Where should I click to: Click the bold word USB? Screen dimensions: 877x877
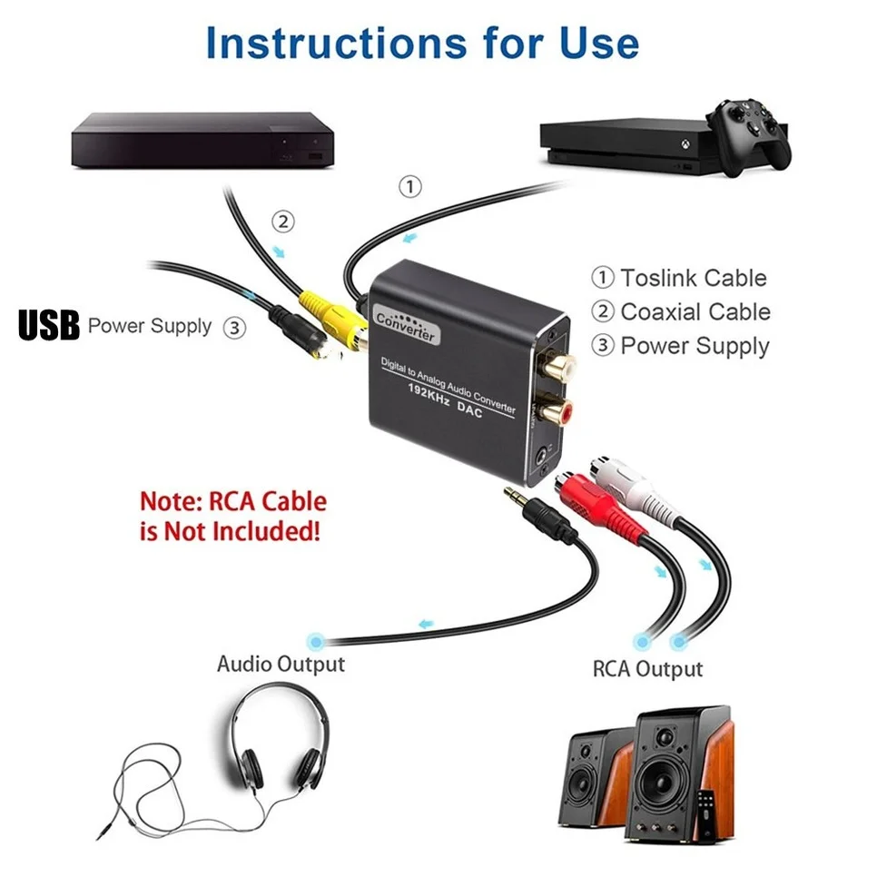(x=49, y=326)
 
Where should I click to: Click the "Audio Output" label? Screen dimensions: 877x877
(x=281, y=664)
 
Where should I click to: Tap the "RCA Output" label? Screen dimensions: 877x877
(x=647, y=669)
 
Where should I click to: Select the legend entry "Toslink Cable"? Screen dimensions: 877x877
(x=694, y=278)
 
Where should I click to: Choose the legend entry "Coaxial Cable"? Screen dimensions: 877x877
(x=695, y=311)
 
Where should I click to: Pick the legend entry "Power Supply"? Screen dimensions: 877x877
(x=695, y=346)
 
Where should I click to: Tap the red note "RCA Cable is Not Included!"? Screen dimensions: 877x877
(x=232, y=516)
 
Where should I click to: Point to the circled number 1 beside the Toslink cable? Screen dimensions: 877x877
(x=410, y=187)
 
